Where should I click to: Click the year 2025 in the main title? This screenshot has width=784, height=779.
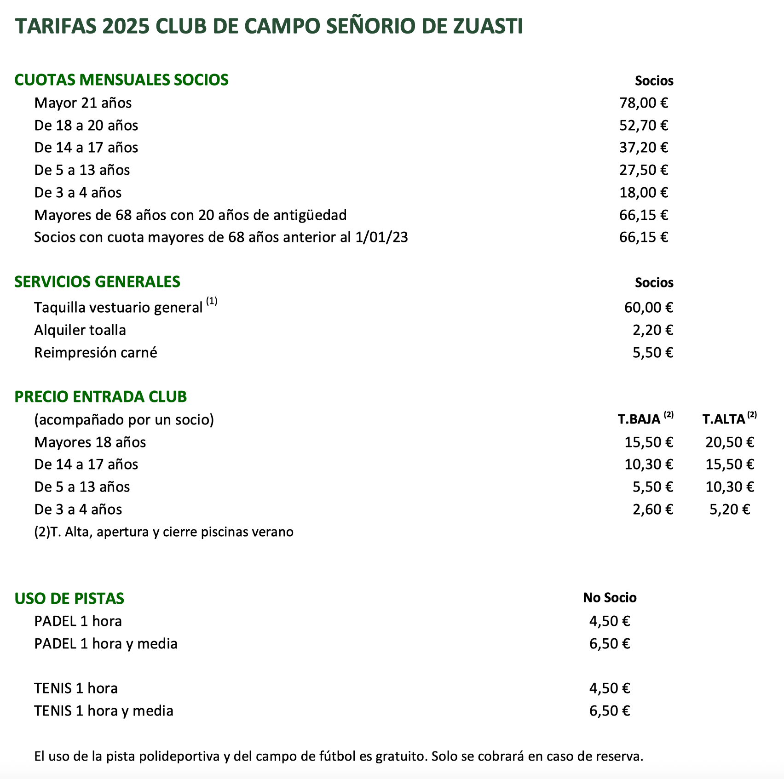(126, 26)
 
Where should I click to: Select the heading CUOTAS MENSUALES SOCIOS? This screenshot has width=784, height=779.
(121, 80)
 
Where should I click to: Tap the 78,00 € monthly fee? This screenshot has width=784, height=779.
(644, 103)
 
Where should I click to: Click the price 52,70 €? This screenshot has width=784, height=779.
(644, 125)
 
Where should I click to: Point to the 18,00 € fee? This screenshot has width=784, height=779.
(644, 192)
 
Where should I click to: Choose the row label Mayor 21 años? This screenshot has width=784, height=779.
(83, 103)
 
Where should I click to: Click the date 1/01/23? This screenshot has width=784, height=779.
(381, 237)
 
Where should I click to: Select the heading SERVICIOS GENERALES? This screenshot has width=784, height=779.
(97, 282)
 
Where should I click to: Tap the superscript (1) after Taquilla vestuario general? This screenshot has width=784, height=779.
(212, 302)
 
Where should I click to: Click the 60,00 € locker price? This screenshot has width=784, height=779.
(649, 307)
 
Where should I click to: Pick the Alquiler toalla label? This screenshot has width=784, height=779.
(80, 330)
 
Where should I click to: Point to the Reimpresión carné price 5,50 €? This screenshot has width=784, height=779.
(653, 353)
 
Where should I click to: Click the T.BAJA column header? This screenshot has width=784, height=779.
(639, 419)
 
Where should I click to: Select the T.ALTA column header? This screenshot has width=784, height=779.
(724, 419)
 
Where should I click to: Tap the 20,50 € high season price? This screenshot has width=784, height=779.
(730, 442)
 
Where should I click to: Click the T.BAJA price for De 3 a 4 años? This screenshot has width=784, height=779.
(653, 510)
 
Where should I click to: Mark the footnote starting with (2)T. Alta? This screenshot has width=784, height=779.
(164, 532)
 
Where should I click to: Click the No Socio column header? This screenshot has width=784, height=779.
(610, 597)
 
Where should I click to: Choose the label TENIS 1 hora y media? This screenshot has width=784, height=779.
(104, 711)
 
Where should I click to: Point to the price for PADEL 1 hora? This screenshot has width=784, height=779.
(610, 621)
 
